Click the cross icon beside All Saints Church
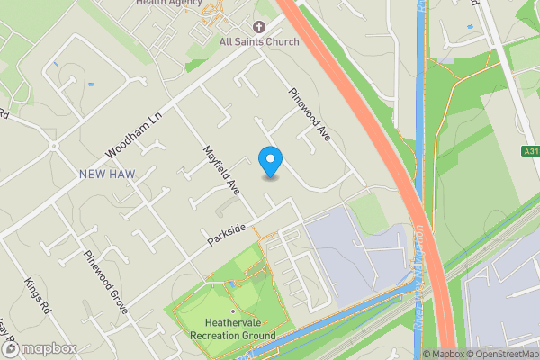259,26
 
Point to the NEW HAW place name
107,173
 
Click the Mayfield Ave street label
220,170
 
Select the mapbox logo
38,348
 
